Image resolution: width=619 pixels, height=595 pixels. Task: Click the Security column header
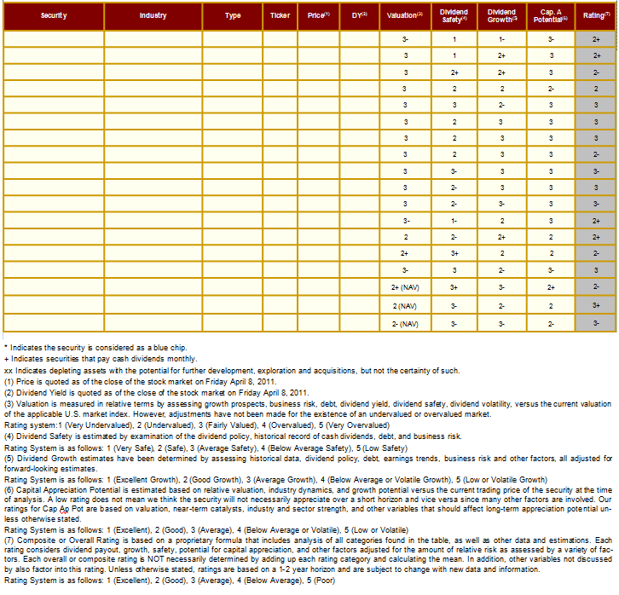tap(54, 16)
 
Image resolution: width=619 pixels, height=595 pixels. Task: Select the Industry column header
tap(153, 16)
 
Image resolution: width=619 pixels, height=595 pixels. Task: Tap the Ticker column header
tap(280, 16)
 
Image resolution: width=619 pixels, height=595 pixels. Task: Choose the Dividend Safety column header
tap(454, 16)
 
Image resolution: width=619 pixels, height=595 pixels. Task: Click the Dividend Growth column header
tap(502, 16)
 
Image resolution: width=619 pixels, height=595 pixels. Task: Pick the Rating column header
tap(596, 16)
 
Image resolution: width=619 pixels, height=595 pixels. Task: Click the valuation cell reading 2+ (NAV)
tap(405, 288)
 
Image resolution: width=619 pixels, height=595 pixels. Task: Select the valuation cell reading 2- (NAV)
tap(405, 324)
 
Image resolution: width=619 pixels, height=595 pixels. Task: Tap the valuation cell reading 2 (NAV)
tap(405, 306)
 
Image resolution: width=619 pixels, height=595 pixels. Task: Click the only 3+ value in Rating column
tap(596, 306)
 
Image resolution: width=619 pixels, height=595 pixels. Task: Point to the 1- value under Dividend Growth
tap(502, 39)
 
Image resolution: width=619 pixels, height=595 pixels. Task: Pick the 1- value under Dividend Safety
tap(454, 221)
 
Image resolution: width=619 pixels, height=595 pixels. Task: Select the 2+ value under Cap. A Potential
tap(551, 288)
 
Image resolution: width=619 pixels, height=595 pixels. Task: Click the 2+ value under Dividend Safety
tap(454, 73)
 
